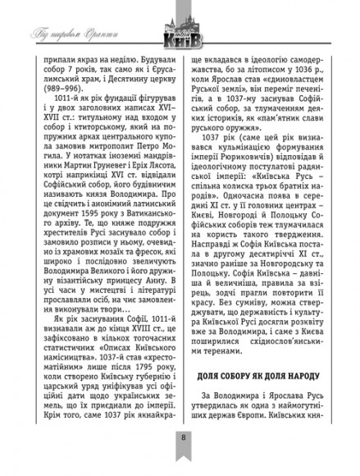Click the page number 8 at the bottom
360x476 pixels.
[x=180, y=458]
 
